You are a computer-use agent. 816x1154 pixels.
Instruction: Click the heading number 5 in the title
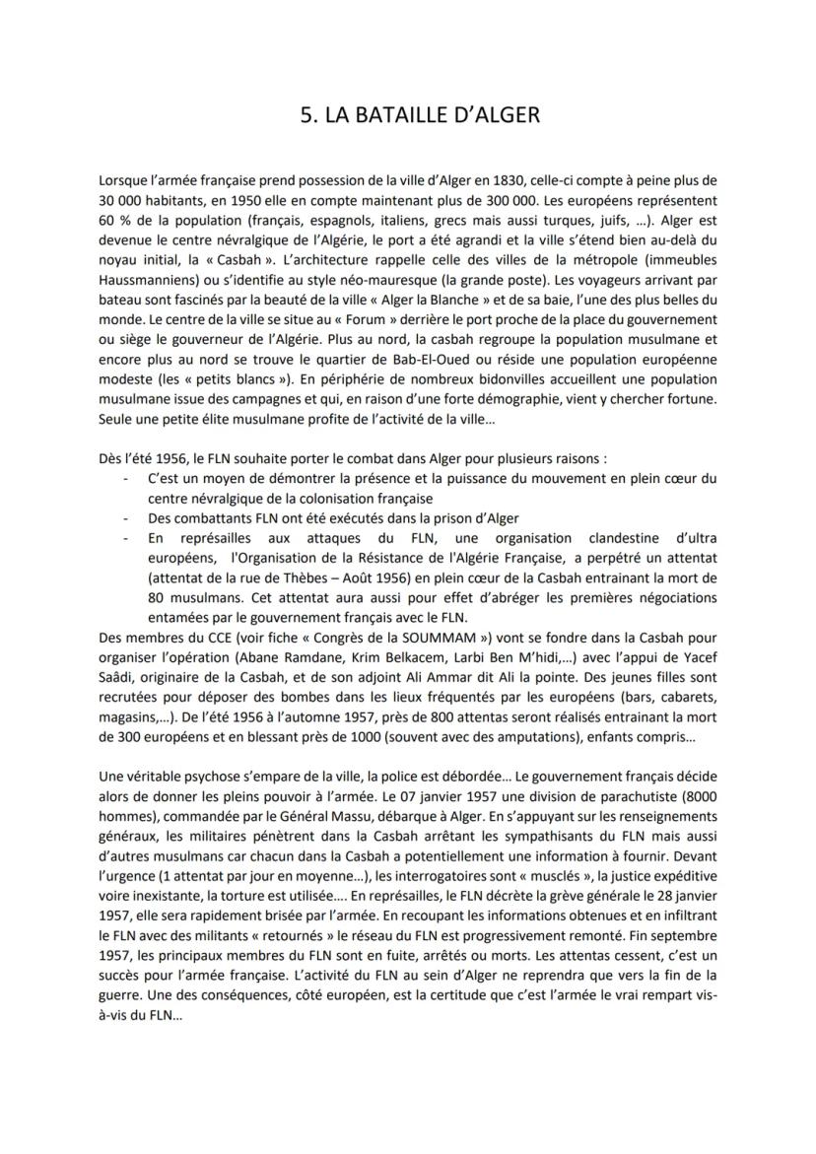point(306,115)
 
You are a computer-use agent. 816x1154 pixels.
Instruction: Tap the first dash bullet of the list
point(126,478)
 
